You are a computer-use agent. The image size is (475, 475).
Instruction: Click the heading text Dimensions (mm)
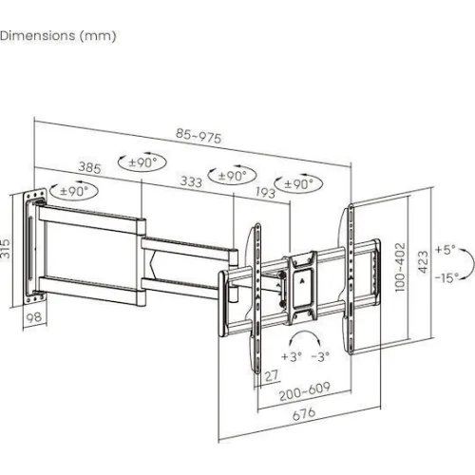tap(58, 35)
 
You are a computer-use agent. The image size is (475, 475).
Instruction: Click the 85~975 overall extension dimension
tap(199, 136)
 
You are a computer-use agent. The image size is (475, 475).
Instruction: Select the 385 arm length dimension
tap(90, 167)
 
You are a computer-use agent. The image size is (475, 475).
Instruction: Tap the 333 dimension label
tap(191, 181)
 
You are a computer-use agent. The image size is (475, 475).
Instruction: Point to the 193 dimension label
tap(265, 192)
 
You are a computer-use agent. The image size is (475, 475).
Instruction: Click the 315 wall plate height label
tap(6, 249)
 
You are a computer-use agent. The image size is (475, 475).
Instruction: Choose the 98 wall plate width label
tap(33, 317)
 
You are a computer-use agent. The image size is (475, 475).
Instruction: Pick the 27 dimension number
tap(272, 376)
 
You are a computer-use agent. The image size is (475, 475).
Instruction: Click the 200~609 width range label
tap(304, 391)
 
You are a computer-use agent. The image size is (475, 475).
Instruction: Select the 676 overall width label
tap(304, 414)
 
